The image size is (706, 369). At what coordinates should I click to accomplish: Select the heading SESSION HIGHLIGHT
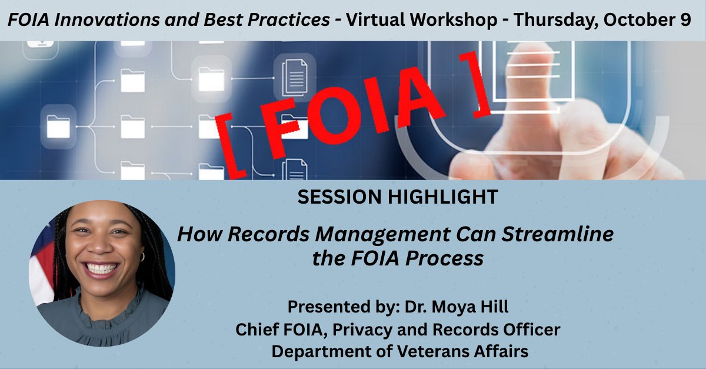[398, 198]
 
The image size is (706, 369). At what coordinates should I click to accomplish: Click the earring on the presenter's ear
[142, 257]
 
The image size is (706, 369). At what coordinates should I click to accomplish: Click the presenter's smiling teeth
[101, 268]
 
